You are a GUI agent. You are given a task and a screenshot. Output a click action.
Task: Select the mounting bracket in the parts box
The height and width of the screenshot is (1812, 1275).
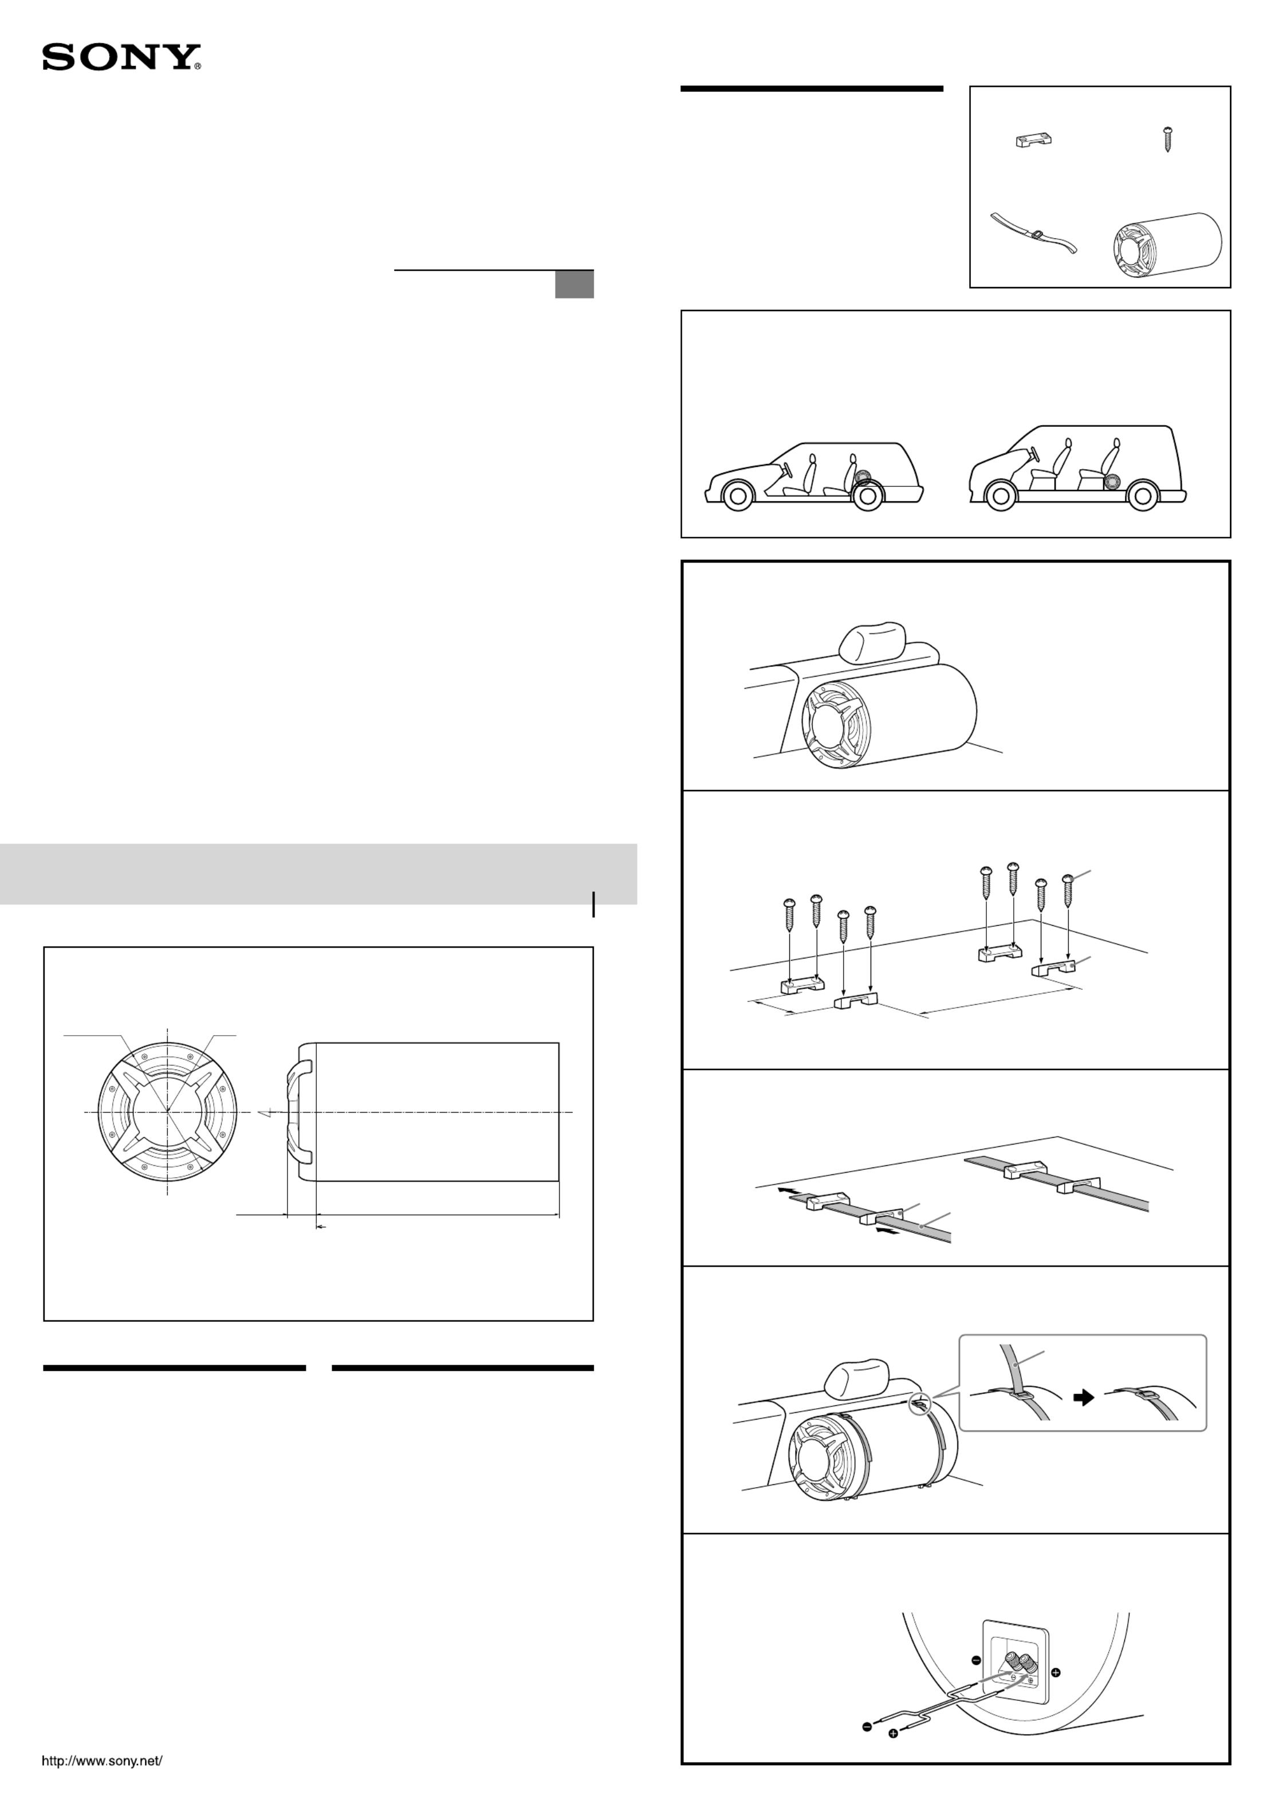click(1033, 140)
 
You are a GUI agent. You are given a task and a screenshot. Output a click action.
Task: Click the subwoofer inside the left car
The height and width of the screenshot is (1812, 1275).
click(863, 477)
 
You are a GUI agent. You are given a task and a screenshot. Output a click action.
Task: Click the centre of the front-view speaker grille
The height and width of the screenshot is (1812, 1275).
click(168, 1111)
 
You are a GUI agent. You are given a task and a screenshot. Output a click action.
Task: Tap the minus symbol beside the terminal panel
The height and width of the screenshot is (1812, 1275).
click(976, 1660)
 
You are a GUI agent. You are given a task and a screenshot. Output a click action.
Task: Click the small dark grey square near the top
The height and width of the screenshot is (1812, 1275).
click(574, 285)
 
